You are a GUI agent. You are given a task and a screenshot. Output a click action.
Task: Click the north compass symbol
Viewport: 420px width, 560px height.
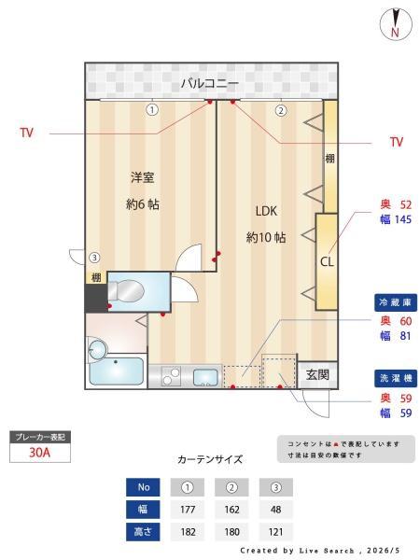point(396,24)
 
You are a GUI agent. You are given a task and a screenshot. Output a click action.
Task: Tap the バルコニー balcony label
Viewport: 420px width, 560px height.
point(210,83)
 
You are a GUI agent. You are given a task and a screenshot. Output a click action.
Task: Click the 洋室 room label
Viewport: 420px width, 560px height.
point(142,177)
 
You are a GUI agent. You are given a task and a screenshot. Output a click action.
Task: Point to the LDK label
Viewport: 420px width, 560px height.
point(266,211)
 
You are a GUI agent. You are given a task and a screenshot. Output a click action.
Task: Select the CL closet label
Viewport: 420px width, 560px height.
point(327,261)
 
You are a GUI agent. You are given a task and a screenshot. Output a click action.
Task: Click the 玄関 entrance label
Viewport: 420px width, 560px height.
point(317,374)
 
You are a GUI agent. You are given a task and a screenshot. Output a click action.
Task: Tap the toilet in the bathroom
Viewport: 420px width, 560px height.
point(126,291)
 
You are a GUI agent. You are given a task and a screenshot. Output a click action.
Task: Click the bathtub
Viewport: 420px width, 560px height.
point(117,371)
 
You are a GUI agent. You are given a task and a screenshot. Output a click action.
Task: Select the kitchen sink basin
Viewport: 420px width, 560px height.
point(205,377)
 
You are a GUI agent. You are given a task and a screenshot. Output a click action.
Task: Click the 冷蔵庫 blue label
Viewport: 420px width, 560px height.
point(396,302)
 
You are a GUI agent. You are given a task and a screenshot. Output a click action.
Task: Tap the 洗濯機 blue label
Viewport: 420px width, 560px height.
point(396,378)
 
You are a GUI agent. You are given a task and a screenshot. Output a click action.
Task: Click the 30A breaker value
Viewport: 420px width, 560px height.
point(39,453)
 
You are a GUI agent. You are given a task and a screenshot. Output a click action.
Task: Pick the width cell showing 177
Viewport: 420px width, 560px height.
point(188,510)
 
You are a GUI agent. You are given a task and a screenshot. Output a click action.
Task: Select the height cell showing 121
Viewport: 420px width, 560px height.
point(275,532)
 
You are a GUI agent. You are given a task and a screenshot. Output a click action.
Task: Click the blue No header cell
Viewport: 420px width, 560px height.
point(143,487)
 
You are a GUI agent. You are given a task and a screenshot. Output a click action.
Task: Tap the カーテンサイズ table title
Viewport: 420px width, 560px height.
point(210,459)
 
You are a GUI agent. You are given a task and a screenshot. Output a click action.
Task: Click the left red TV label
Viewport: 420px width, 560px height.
point(27,133)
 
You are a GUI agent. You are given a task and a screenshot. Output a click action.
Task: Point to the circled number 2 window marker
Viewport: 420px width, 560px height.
point(281,111)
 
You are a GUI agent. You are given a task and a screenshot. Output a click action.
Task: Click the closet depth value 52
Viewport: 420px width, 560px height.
point(406,204)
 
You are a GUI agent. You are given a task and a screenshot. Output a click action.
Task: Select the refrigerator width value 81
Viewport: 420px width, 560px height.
point(405,336)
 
